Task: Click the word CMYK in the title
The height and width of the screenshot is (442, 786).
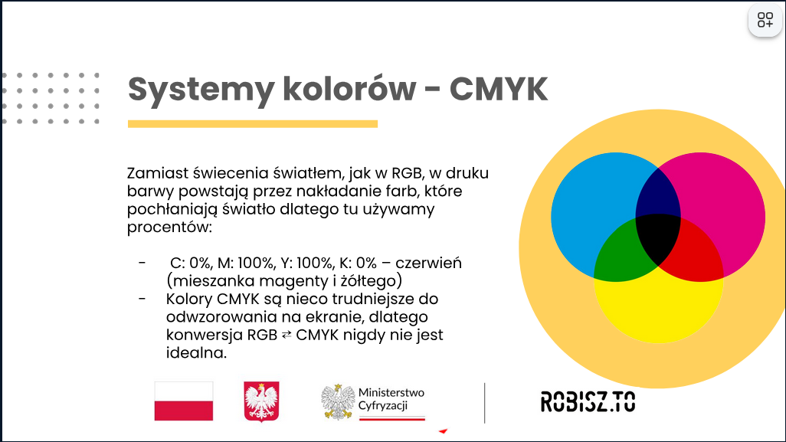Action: [499, 89]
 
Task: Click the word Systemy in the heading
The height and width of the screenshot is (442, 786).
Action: [201, 91]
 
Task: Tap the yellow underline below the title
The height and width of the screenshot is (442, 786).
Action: [253, 124]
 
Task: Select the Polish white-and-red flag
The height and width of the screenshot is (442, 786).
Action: [183, 401]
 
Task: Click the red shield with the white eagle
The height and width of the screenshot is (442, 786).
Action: [262, 401]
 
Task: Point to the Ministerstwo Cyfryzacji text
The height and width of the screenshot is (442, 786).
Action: [391, 399]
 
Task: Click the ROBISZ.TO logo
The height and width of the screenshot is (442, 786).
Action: [588, 402]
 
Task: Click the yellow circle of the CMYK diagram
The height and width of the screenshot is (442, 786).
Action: [658, 311]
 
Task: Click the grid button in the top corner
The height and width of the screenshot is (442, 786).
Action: [765, 20]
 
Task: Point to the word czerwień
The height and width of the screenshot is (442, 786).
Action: [428, 263]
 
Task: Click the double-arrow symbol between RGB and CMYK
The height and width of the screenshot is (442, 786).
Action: [287, 335]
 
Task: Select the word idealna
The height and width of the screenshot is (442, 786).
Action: [196, 352]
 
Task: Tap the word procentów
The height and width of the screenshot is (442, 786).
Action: [169, 228]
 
